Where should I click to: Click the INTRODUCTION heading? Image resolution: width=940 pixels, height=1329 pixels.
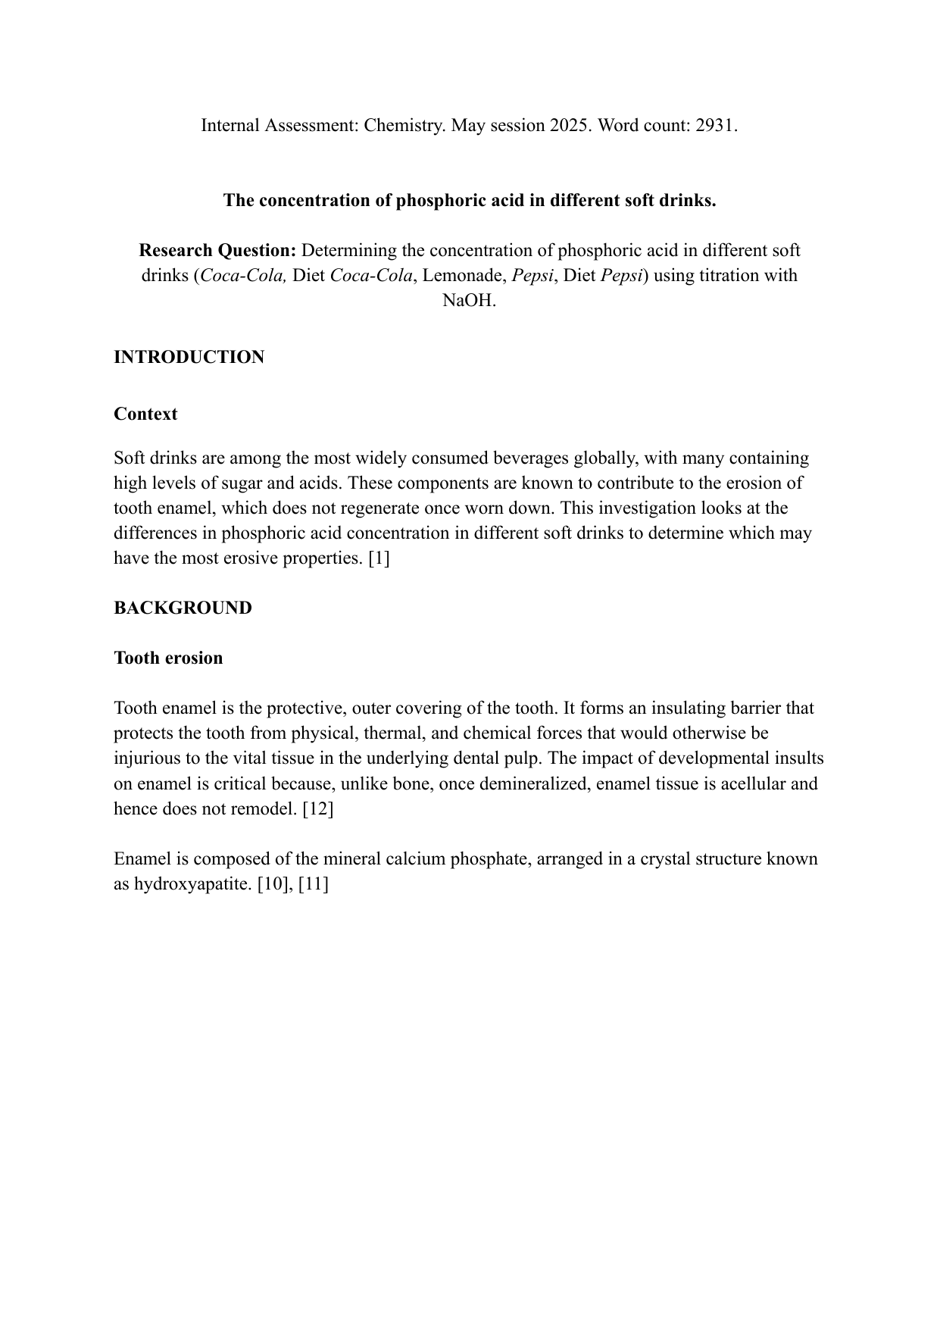point(189,358)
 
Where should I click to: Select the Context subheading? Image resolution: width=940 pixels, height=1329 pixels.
point(145,414)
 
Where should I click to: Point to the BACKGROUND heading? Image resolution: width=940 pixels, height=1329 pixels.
point(183,608)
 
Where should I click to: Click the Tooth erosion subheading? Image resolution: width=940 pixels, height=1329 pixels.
point(168,658)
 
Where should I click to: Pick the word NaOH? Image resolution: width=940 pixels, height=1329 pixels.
point(470,301)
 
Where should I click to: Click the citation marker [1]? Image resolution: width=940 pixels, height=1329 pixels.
point(379,558)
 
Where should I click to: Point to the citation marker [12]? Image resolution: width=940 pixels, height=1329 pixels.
point(317,808)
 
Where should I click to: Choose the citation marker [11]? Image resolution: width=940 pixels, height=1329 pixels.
point(314,884)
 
